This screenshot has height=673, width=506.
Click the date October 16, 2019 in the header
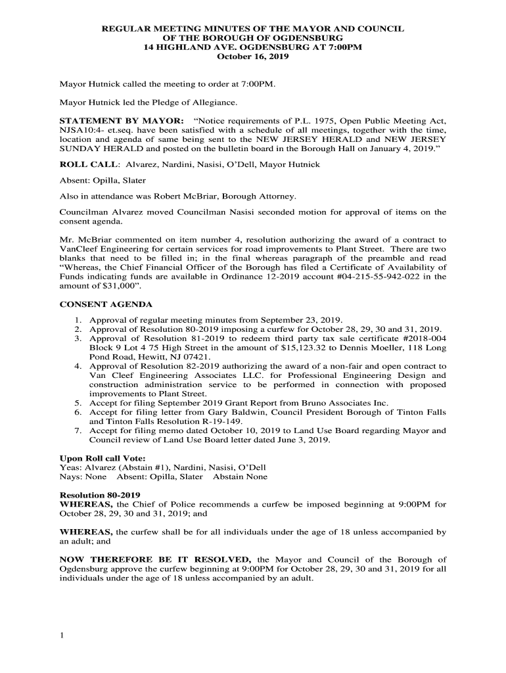pyautogui.click(x=253, y=57)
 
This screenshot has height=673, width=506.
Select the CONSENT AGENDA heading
pyautogui.click(x=106, y=304)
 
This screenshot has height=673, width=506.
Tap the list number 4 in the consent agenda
pyautogui.click(x=78, y=366)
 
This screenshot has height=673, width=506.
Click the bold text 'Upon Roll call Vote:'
pyautogui.click(x=103, y=458)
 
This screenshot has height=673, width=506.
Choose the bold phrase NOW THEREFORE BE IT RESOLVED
pyautogui.click(x=156, y=559)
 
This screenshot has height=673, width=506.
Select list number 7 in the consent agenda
pyautogui.click(x=78, y=430)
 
